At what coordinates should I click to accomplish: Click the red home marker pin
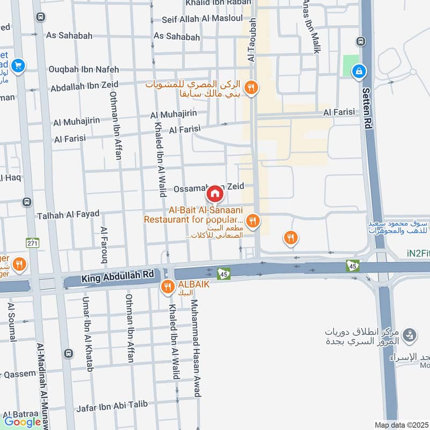(x=214, y=193)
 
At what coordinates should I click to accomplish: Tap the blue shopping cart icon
(x=19, y=66)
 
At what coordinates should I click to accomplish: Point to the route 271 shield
(x=33, y=242)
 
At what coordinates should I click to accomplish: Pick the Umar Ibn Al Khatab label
(x=88, y=333)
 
